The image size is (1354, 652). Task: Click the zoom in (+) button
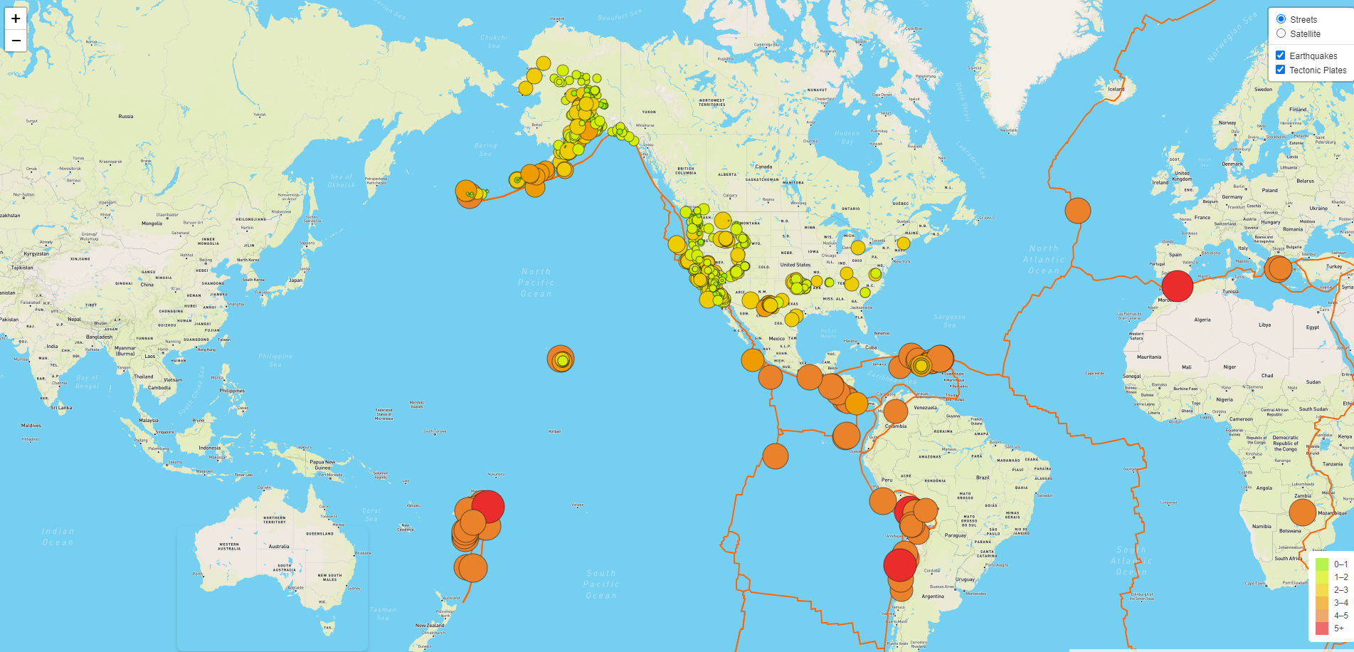(16, 19)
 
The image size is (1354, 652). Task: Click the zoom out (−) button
(16, 41)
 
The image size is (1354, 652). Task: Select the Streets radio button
(1281, 19)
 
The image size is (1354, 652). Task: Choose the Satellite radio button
(1281, 33)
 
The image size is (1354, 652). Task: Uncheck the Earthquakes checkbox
(1280, 56)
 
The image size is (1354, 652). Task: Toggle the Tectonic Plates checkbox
(1280, 70)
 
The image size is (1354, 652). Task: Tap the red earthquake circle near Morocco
(1177, 285)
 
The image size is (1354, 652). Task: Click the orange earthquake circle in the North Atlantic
(1077, 211)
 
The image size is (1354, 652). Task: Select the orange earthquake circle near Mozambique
(1302, 512)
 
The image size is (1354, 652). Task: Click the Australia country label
(279, 547)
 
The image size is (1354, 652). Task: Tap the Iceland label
(1116, 89)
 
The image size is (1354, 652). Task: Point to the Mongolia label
(152, 224)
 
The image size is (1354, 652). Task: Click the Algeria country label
(1202, 320)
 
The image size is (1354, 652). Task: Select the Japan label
(295, 280)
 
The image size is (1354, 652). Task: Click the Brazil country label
(983, 478)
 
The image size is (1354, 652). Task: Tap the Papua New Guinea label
(322, 465)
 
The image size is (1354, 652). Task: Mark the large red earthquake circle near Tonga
(488, 506)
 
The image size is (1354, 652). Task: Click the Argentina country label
(932, 596)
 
